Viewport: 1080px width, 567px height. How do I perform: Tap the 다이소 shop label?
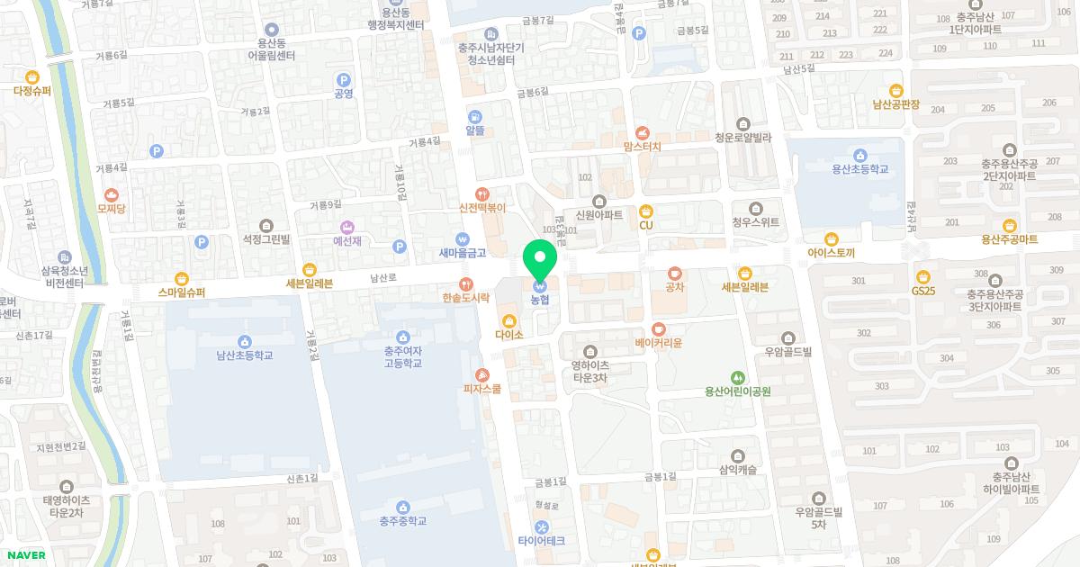[x=509, y=335]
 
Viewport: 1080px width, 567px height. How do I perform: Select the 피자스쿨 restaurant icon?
[x=482, y=374]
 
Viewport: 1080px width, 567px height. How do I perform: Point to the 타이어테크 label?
[x=541, y=541]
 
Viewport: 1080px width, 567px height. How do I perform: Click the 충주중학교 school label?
[x=402, y=521]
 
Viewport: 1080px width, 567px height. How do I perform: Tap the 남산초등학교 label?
[x=244, y=355]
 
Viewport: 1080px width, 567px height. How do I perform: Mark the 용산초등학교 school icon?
[x=859, y=154]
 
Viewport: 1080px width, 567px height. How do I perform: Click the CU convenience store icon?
[x=645, y=211]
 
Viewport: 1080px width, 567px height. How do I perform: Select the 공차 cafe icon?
[x=675, y=273]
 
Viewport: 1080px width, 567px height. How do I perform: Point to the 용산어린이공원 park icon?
[x=738, y=377]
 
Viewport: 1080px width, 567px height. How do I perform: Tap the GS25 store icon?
[x=922, y=276]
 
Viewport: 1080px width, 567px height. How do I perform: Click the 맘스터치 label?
[x=642, y=147]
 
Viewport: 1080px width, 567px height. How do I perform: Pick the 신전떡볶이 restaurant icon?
[x=482, y=193]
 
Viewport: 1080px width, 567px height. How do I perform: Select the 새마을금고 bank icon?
[x=463, y=239]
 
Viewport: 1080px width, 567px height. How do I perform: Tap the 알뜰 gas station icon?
[x=474, y=116]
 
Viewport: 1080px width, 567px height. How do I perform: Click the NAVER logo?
[x=24, y=555]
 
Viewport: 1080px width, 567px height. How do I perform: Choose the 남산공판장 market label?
[x=895, y=104]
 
